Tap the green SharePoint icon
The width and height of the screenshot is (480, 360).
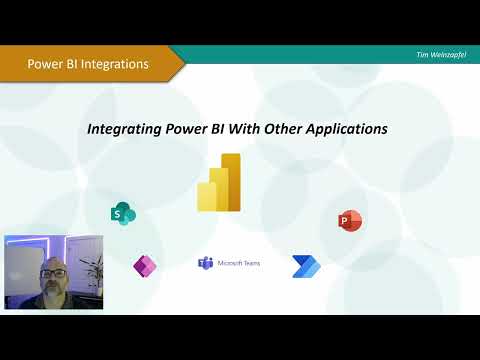coord(124,212)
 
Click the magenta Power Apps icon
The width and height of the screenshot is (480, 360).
coord(145,266)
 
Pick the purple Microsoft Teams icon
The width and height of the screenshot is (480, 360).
coord(205,263)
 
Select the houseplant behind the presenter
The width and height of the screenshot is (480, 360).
coord(91,268)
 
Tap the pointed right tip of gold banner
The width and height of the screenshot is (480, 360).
coord(183,63)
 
